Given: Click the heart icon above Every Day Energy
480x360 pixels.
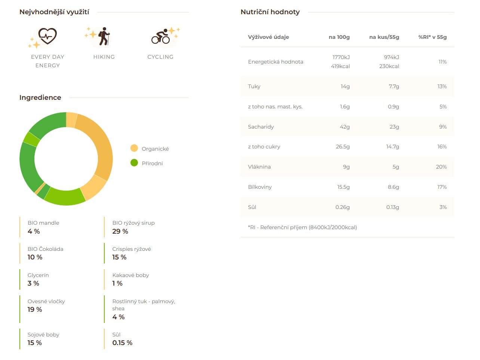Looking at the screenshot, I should (47, 36).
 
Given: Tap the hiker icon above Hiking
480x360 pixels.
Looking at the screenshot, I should (104, 36).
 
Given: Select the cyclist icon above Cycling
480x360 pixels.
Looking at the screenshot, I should (161, 36).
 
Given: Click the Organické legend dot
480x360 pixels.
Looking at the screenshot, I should (134, 148).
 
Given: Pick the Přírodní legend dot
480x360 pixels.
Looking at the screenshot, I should (134, 163).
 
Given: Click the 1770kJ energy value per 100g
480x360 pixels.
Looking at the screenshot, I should (341, 57).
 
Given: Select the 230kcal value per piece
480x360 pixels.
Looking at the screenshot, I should (389, 66).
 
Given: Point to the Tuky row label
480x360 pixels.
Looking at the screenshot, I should (254, 86).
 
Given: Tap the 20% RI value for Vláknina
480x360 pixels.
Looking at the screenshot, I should (441, 167).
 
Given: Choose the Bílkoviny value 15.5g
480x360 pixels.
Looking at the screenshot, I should (343, 187).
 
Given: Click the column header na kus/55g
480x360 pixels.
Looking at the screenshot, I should (384, 37).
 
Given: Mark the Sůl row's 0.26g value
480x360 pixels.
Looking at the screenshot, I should (342, 207).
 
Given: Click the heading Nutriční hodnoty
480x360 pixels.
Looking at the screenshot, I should (270, 12).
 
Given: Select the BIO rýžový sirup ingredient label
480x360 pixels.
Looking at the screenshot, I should (133, 223).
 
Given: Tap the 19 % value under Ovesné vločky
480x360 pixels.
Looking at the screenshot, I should (35, 310).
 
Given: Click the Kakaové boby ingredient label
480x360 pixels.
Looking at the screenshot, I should (130, 275).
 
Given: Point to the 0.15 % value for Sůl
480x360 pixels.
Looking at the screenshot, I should (122, 343).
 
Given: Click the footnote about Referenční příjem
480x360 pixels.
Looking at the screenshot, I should (302, 227).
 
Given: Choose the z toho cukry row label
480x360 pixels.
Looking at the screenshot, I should (264, 147).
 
